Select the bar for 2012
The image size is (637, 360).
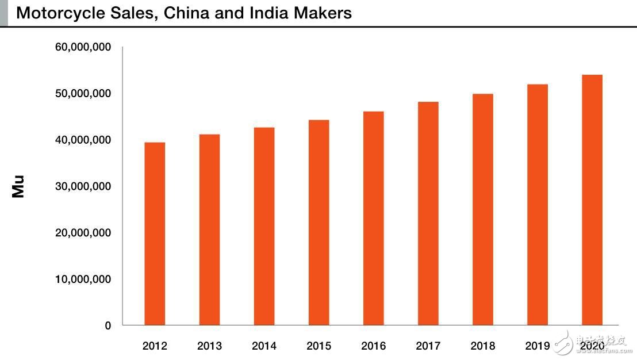(x=155, y=233)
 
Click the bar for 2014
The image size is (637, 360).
(x=264, y=226)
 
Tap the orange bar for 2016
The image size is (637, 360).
(x=373, y=218)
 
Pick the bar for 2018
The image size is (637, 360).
(x=483, y=209)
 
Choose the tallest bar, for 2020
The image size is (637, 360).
(x=592, y=200)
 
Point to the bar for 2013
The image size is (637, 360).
(x=209, y=229)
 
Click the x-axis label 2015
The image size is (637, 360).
(x=318, y=346)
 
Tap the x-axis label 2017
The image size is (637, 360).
(x=428, y=346)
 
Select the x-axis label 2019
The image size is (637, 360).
(x=537, y=346)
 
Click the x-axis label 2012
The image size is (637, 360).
(x=155, y=346)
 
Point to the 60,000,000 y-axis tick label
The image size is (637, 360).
(x=83, y=47)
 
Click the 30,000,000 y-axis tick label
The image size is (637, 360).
(x=83, y=186)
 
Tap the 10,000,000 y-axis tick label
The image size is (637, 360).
(x=83, y=279)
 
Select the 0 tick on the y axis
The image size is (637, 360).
(x=108, y=326)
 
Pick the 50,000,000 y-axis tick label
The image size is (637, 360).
(x=83, y=94)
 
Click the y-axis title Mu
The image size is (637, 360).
(x=18, y=187)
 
